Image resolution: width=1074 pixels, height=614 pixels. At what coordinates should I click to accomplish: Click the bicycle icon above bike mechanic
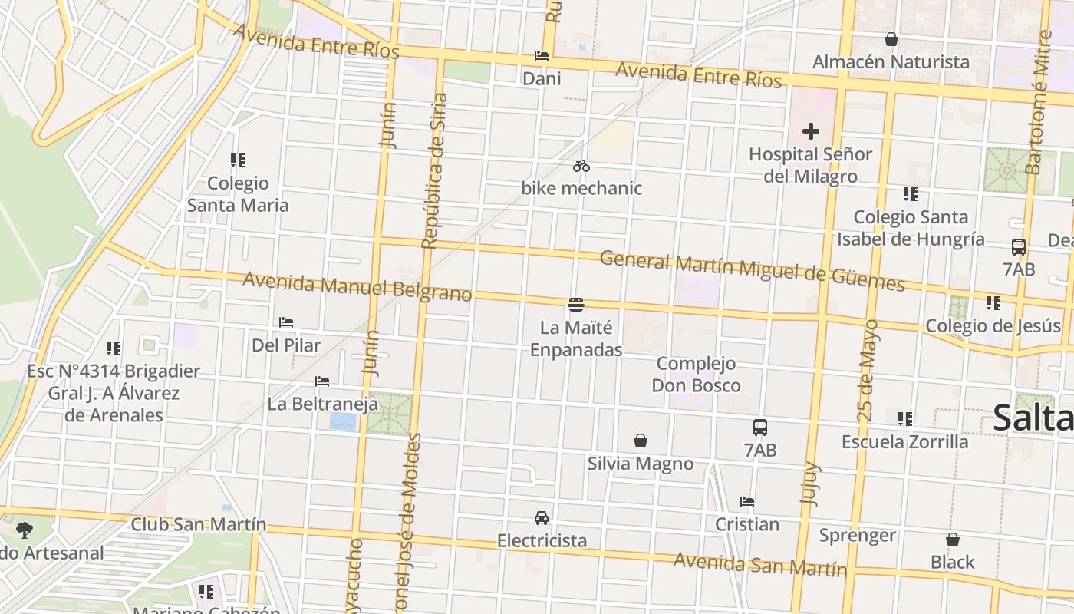point(581,166)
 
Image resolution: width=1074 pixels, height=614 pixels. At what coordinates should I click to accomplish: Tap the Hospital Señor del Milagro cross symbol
point(811,131)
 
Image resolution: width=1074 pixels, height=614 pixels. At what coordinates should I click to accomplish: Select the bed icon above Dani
point(542,56)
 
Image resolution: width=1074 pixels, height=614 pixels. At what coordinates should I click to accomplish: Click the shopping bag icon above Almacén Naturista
point(891,39)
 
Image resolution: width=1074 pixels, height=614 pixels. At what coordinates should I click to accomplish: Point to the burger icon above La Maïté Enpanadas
point(577,305)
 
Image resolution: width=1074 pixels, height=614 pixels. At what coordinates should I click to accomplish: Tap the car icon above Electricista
point(542,517)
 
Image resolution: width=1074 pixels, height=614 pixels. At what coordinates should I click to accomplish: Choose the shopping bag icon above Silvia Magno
point(641,441)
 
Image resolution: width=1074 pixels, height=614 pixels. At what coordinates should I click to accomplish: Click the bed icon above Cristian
point(747,502)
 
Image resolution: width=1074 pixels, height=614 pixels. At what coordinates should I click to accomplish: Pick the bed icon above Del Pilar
point(286,322)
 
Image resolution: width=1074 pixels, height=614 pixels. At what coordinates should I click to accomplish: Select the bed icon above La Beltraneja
point(322,381)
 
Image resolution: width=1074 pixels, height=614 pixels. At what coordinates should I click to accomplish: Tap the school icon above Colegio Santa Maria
point(238,160)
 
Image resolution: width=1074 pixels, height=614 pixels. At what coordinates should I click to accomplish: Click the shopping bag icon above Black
point(953,540)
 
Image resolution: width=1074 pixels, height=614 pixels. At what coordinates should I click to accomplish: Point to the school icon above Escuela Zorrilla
point(905,419)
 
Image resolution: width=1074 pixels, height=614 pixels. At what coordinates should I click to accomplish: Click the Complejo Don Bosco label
point(696,375)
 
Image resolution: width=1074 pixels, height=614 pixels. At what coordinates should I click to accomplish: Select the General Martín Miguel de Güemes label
point(752,270)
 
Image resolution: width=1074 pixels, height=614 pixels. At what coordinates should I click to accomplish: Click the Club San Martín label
point(199,525)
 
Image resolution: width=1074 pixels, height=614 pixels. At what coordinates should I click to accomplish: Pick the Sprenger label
point(858,535)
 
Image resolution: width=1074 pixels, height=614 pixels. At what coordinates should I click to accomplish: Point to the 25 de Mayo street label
point(868,370)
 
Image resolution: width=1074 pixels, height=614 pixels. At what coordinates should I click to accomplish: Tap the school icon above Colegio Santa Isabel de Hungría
point(911,194)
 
